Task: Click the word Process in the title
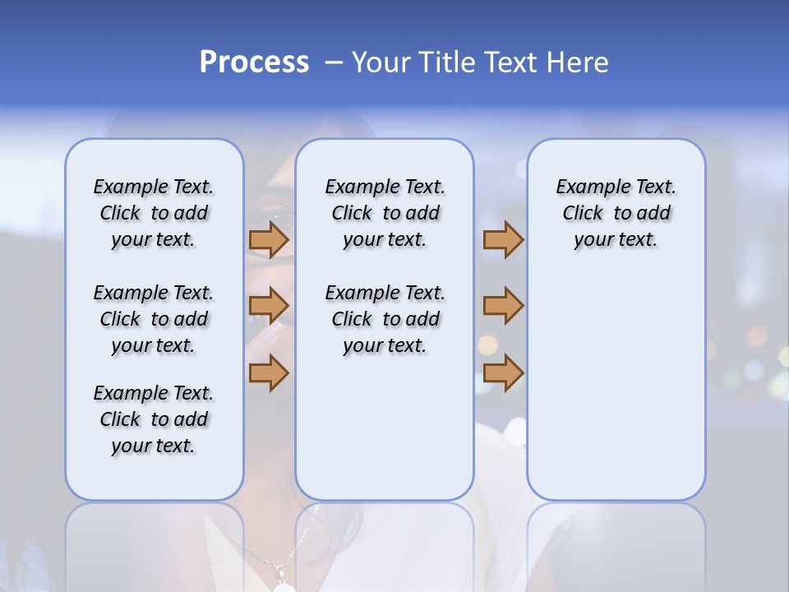(x=254, y=62)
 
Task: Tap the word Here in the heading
(x=578, y=62)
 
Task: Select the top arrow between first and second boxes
(x=269, y=240)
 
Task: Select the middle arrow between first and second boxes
(x=269, y=307)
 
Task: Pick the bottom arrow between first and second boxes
(x=269, y=373)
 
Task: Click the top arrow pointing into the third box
(x=503, y=240)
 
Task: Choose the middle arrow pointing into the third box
(x=503, y=307)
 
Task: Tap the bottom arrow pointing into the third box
(x=503, y=373)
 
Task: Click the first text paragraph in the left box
(x=154, y=213)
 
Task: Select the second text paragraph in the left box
(x=154, y=319)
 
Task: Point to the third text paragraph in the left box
(x=154, y=419)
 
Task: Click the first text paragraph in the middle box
(x=385, y=213)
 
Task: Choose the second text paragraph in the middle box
(x=385, y=319)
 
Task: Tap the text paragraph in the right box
(x=616, y=213)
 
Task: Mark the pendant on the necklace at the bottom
(x=284, y=585)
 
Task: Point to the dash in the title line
(x=334, y=62)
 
